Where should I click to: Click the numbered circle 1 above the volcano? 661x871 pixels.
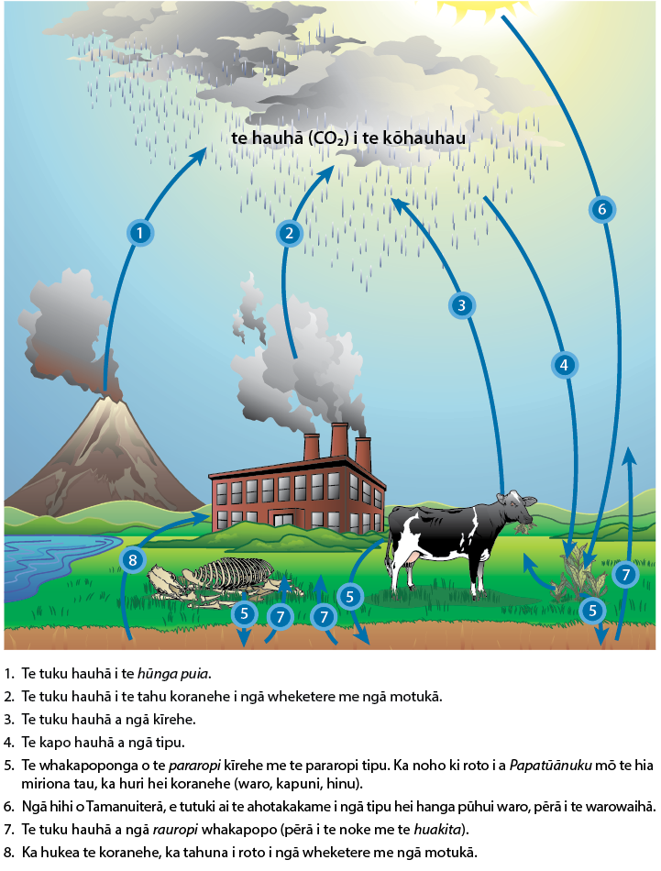click(139, 232)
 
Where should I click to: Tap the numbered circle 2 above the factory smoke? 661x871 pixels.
click(289, 233)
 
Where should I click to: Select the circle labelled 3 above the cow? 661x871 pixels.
click(461, 305)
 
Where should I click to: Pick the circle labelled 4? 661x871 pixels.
click(564, 365)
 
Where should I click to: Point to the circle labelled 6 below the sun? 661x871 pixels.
click(602, 209)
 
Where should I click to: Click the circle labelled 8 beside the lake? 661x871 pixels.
click(132, 559)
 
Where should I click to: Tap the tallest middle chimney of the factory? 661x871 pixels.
click(339, 440)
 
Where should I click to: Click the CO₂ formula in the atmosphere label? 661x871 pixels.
click(328, 138)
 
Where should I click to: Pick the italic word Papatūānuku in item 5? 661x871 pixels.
click(550, 765)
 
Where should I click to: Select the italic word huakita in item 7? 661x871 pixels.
click(437, 830)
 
